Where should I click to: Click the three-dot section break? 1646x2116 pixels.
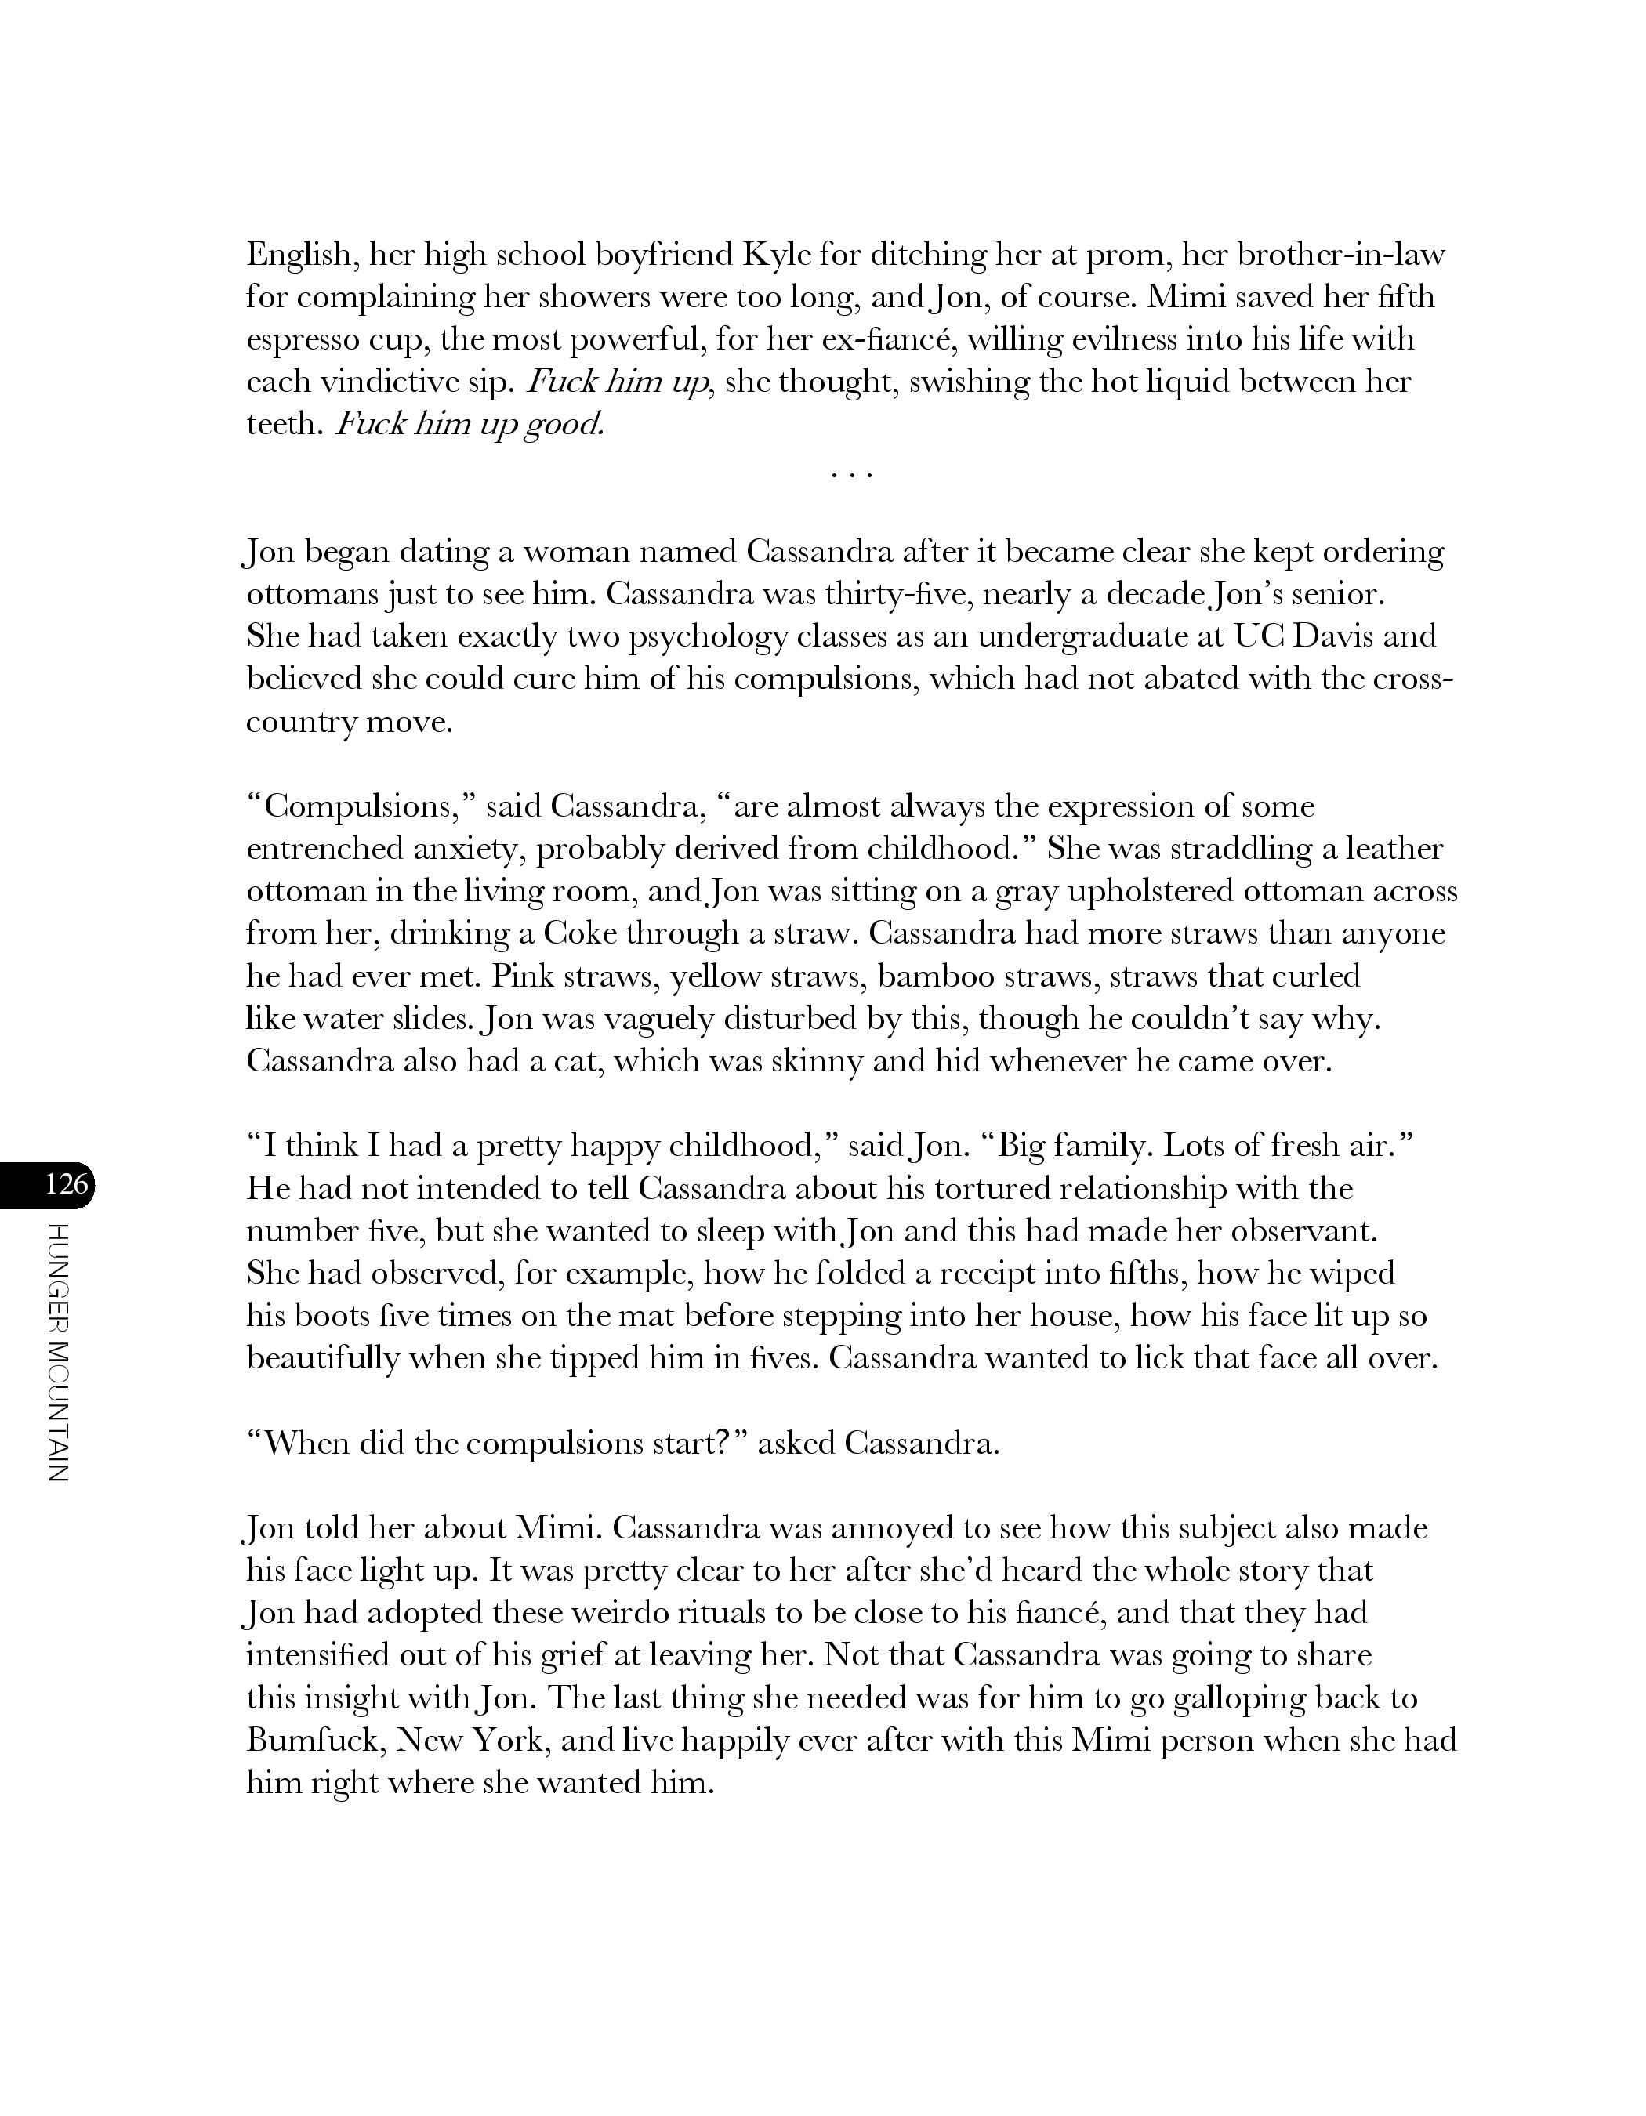[853, 476]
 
